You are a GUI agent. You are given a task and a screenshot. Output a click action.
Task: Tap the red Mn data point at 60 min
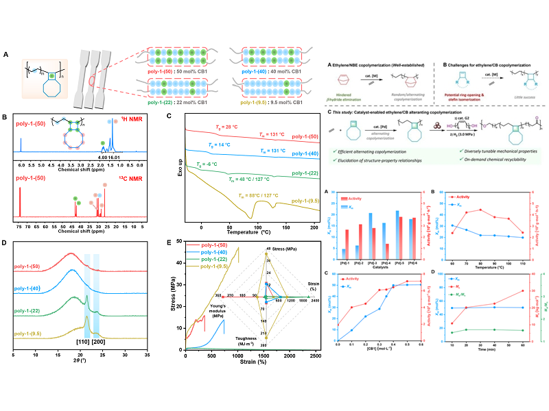pyautogui.click(x=521, y=290)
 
